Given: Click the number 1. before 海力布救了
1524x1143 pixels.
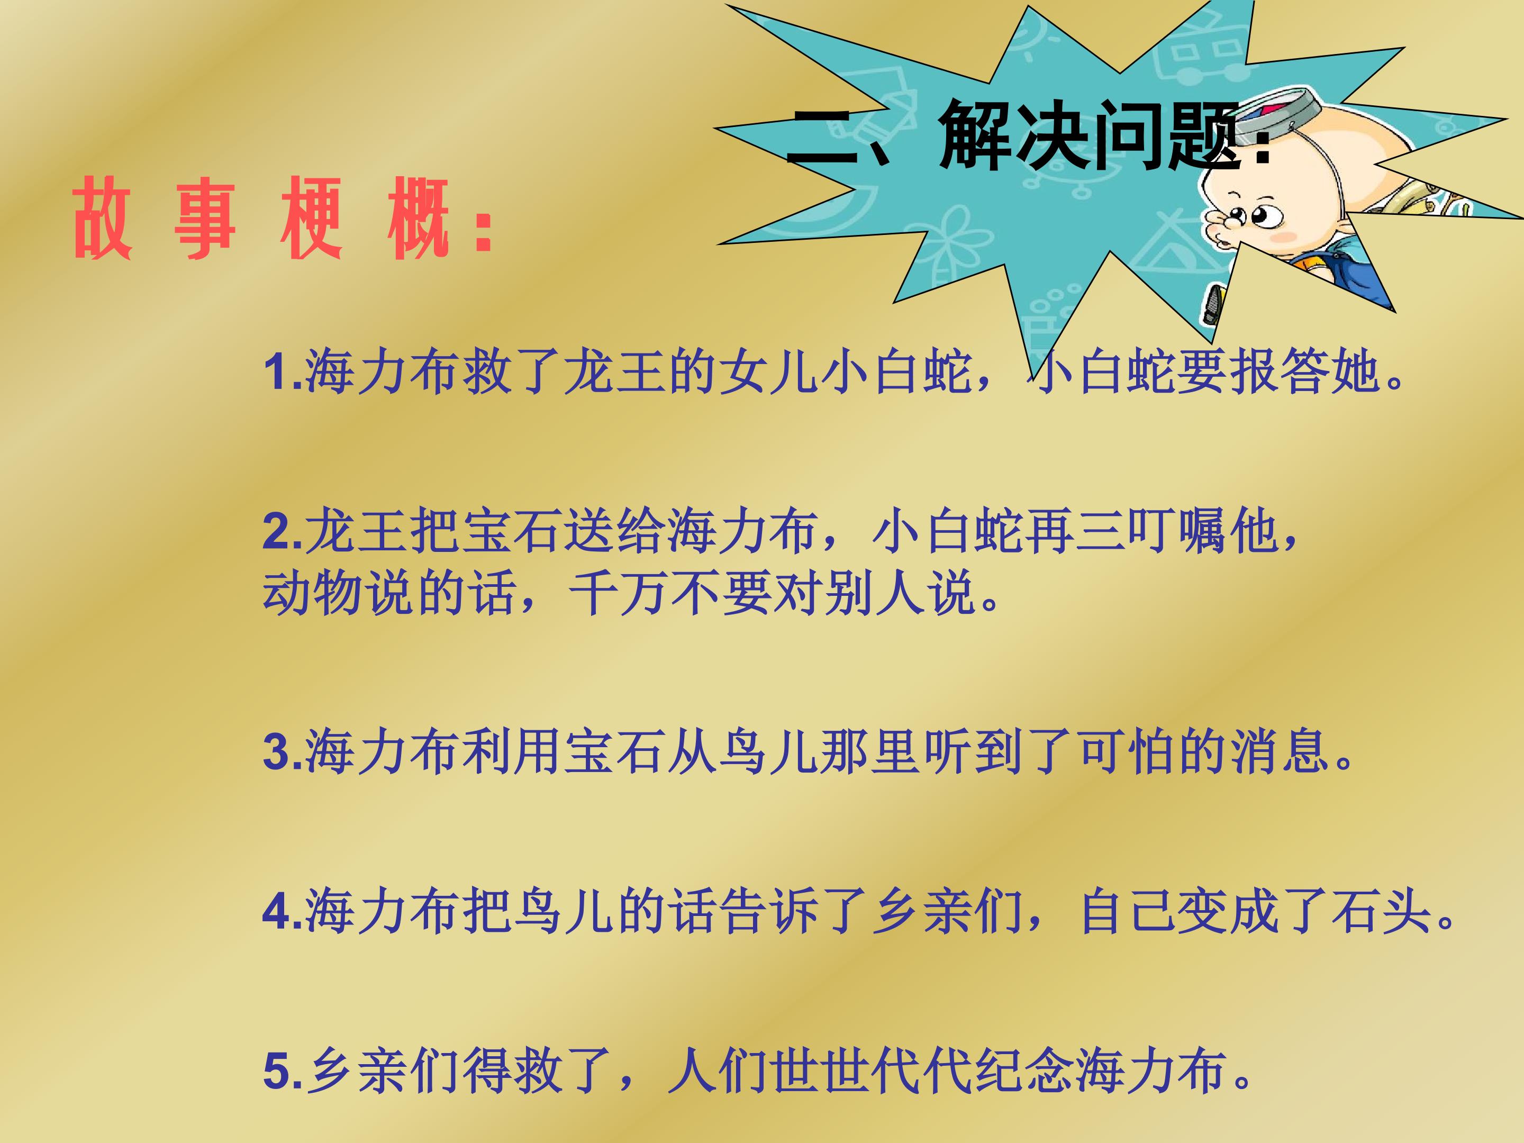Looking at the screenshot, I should tap(283, 373).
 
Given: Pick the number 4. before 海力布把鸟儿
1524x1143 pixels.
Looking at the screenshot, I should tap(283, 912).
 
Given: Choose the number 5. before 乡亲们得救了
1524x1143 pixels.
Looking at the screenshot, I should tap(283, 1072).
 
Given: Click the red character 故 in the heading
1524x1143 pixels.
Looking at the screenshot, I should tap(102, 219).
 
